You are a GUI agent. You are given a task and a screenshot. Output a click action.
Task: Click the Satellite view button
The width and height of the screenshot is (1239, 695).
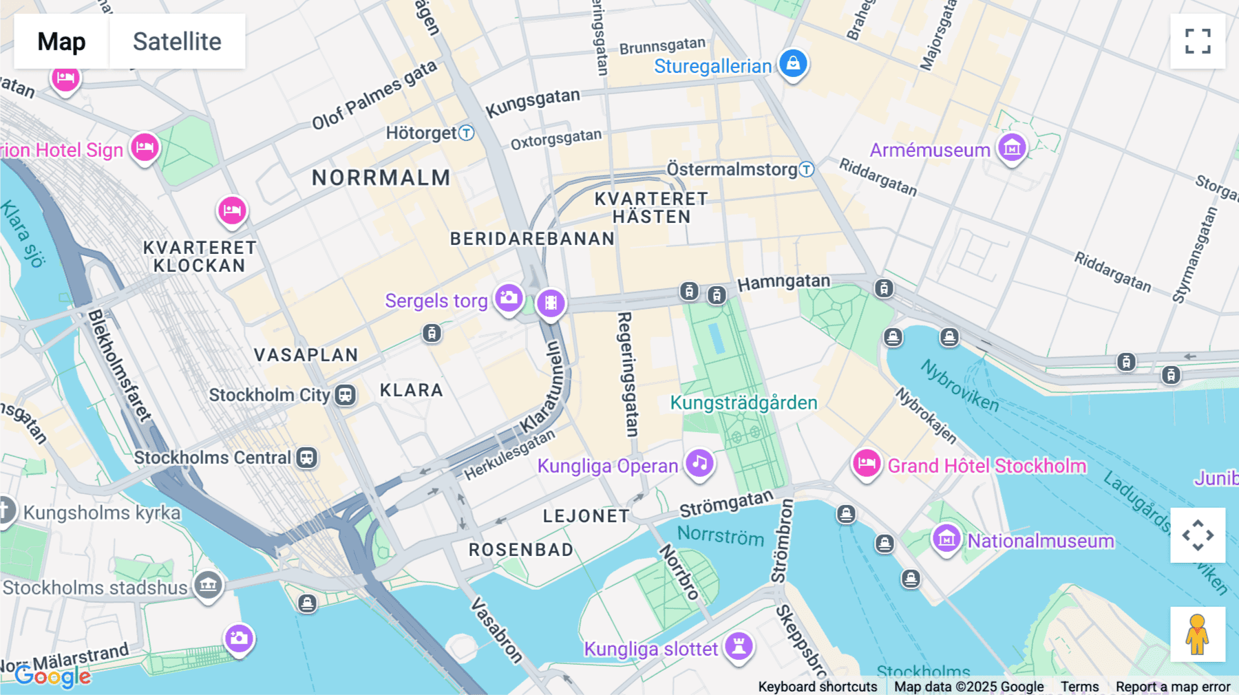(177, 41)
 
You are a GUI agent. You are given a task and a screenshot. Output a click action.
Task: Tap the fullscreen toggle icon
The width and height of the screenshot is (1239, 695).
(1198, 41)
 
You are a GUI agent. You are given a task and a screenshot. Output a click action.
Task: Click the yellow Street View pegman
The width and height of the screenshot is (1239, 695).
(1198, 634)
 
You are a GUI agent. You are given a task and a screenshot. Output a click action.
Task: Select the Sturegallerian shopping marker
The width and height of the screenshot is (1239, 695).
(793, 63)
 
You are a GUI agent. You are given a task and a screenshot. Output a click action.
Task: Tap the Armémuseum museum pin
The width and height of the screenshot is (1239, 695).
(1012, 147)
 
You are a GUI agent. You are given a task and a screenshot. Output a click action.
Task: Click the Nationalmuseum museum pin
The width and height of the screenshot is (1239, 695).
(946, 539)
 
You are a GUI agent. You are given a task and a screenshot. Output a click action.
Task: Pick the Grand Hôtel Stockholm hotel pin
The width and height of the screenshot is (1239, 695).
(867, 464)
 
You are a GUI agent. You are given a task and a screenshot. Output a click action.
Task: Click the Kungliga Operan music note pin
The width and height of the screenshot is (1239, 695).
(700, 462)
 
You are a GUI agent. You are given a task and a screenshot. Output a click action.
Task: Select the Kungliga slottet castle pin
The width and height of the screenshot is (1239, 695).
(739, 646)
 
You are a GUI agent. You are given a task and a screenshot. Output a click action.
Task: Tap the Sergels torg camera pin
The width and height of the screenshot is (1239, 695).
(509, 298)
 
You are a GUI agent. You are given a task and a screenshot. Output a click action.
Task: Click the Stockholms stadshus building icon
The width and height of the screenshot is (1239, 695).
(208, 586)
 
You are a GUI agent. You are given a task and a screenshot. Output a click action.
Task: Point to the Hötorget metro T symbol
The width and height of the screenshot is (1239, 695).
(467, 133)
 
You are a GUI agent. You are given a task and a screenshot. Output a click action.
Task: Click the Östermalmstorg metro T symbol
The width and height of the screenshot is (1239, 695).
(807, 169)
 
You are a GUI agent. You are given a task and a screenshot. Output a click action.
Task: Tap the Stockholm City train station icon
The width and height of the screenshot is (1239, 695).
(345, 395)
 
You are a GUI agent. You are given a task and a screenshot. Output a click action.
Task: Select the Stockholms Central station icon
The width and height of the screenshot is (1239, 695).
(306, 458)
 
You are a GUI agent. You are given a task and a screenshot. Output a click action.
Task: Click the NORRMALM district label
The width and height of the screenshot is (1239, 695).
(381, 178)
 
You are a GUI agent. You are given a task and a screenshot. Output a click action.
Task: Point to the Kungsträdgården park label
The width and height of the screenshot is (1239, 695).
(743, 403)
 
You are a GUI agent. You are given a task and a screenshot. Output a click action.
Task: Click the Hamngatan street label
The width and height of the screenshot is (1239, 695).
(783, 282)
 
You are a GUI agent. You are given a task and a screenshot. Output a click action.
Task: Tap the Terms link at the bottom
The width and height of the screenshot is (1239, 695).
(1079, 686)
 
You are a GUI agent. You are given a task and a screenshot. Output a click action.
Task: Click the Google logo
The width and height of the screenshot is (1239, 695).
(53, 676)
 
